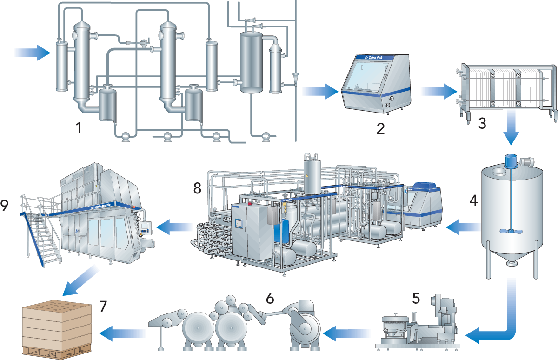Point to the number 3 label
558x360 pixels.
pos(482,123)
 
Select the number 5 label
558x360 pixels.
pos(416,298)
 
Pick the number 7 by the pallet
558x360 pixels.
pos(103,306)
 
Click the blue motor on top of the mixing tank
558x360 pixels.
pos(511,161)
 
